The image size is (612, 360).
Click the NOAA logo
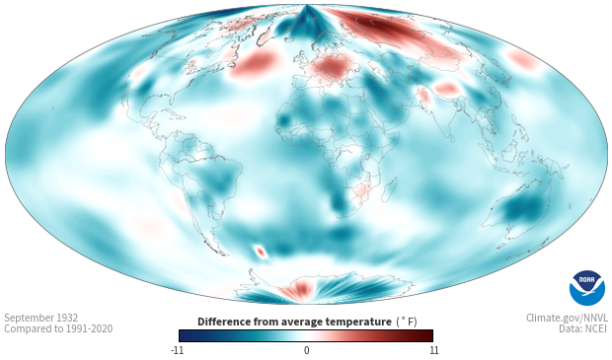click(587, 288)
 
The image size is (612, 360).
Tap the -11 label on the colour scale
click(178, 350)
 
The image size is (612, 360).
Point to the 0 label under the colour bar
click(306, 350)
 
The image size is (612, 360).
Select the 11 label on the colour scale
click(433, 350)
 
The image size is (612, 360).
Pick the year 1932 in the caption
click(68, 318)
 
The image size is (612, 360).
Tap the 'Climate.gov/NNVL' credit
click(567, 318)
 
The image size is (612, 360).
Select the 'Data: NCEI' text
click(583, 328)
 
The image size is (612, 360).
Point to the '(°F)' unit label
click(407, 322)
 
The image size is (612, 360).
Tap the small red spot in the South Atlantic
click(261, 252)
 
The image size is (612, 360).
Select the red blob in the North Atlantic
click(254, 64)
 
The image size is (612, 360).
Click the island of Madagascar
click(390, 188)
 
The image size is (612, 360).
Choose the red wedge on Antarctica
click(298, 290)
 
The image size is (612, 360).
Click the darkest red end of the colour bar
click(428, 335)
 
